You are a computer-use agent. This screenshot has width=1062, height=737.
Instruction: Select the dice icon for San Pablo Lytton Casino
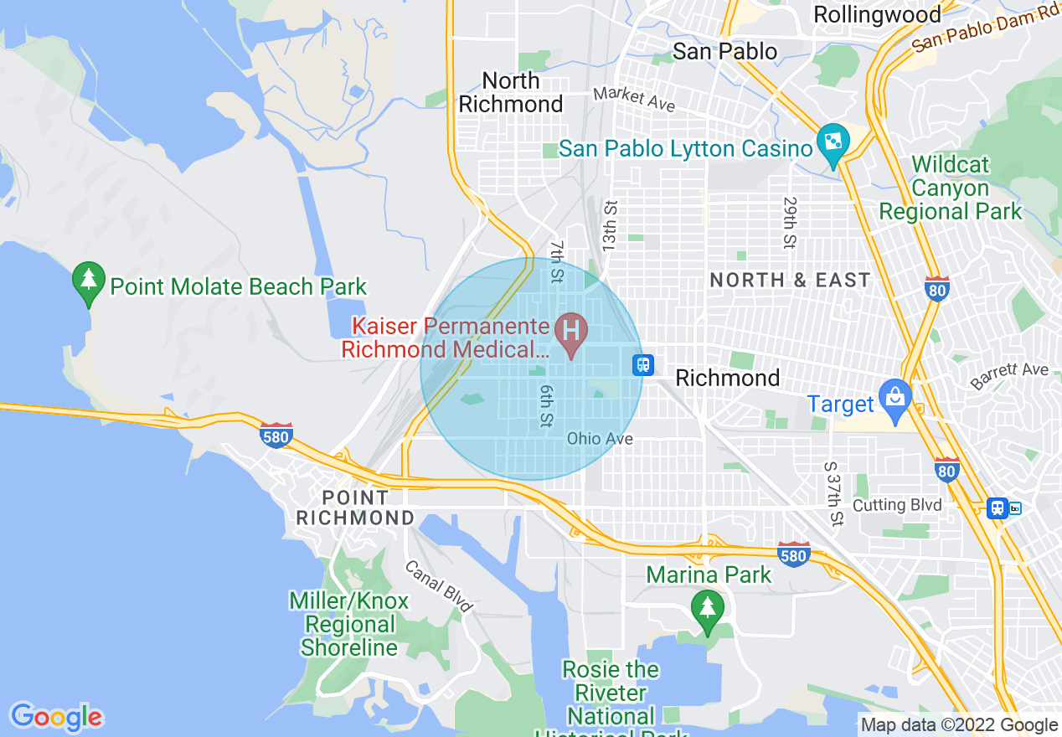click(833, 143)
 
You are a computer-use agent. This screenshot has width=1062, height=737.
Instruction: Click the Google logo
click(56, 717)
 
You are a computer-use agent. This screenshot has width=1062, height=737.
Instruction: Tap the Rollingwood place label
click(877, 14)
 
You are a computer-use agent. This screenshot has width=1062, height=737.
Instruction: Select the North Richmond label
click(511, 92)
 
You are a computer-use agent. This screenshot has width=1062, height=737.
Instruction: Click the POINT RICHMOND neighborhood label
click(355, 508)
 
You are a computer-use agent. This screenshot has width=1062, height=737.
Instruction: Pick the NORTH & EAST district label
click(790, 281)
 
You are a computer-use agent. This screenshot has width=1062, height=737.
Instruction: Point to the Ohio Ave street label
click(600, 439)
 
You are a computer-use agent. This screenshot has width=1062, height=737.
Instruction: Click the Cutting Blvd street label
click(897, 505)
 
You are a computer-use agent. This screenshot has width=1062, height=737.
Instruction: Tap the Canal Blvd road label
click(438, 585)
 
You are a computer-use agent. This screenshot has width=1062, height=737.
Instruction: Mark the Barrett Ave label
click(1010, 376)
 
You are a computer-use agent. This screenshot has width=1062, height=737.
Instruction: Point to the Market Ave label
click(633, 99)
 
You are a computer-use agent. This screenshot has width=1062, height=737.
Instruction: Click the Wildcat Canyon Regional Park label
click(951, 188)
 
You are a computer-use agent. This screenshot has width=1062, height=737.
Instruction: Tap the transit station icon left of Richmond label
click(642, 364)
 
